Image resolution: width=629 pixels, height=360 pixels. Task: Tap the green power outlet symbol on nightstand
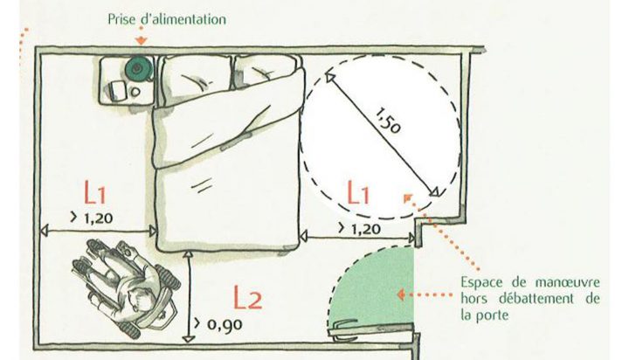(136, 66)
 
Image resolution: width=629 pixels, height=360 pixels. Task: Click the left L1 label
(101, 193)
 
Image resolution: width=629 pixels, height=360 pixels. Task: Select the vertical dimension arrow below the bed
(190, 296)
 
